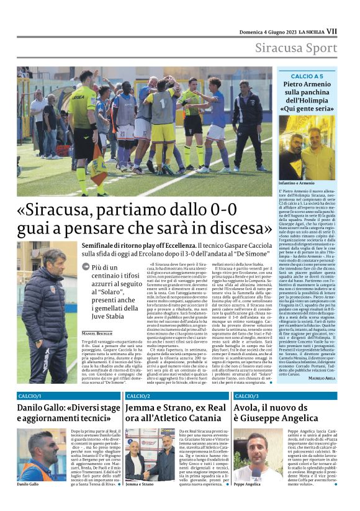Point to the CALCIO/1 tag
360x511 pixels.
(x=31, y=396)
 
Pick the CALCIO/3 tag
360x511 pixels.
(x=248, y=396)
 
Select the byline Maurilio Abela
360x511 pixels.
(x=321, y=378)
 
